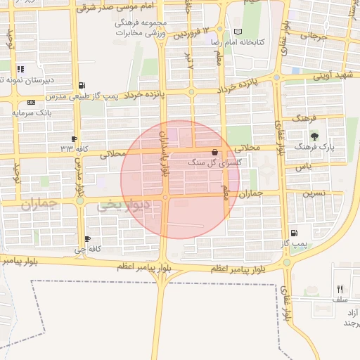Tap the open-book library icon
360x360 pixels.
tap(238, 32)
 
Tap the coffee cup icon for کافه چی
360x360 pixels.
tap(87, 239)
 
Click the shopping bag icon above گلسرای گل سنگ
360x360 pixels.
tap(214, 152)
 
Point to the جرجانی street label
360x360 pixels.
tap(314, 35)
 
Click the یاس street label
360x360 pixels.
tap(303, 167)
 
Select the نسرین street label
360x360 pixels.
tap(313, 191)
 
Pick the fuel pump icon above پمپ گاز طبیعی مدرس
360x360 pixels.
tap(84, 84)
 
